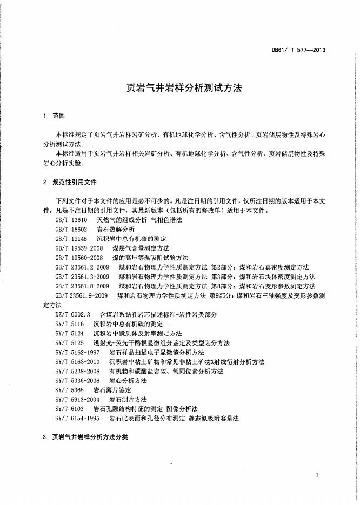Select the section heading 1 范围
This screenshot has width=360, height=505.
point(54,116)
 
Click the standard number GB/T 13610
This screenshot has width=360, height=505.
point(71,221)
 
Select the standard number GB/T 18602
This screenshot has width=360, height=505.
point(71,230)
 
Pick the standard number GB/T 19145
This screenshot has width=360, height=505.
point(71,238)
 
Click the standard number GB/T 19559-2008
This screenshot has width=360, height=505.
point(79,248)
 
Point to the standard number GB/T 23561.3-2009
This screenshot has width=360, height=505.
point(83,277)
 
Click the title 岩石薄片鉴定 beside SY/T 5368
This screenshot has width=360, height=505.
point(112,389)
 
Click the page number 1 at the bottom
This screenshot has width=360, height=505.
point(317,474)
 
